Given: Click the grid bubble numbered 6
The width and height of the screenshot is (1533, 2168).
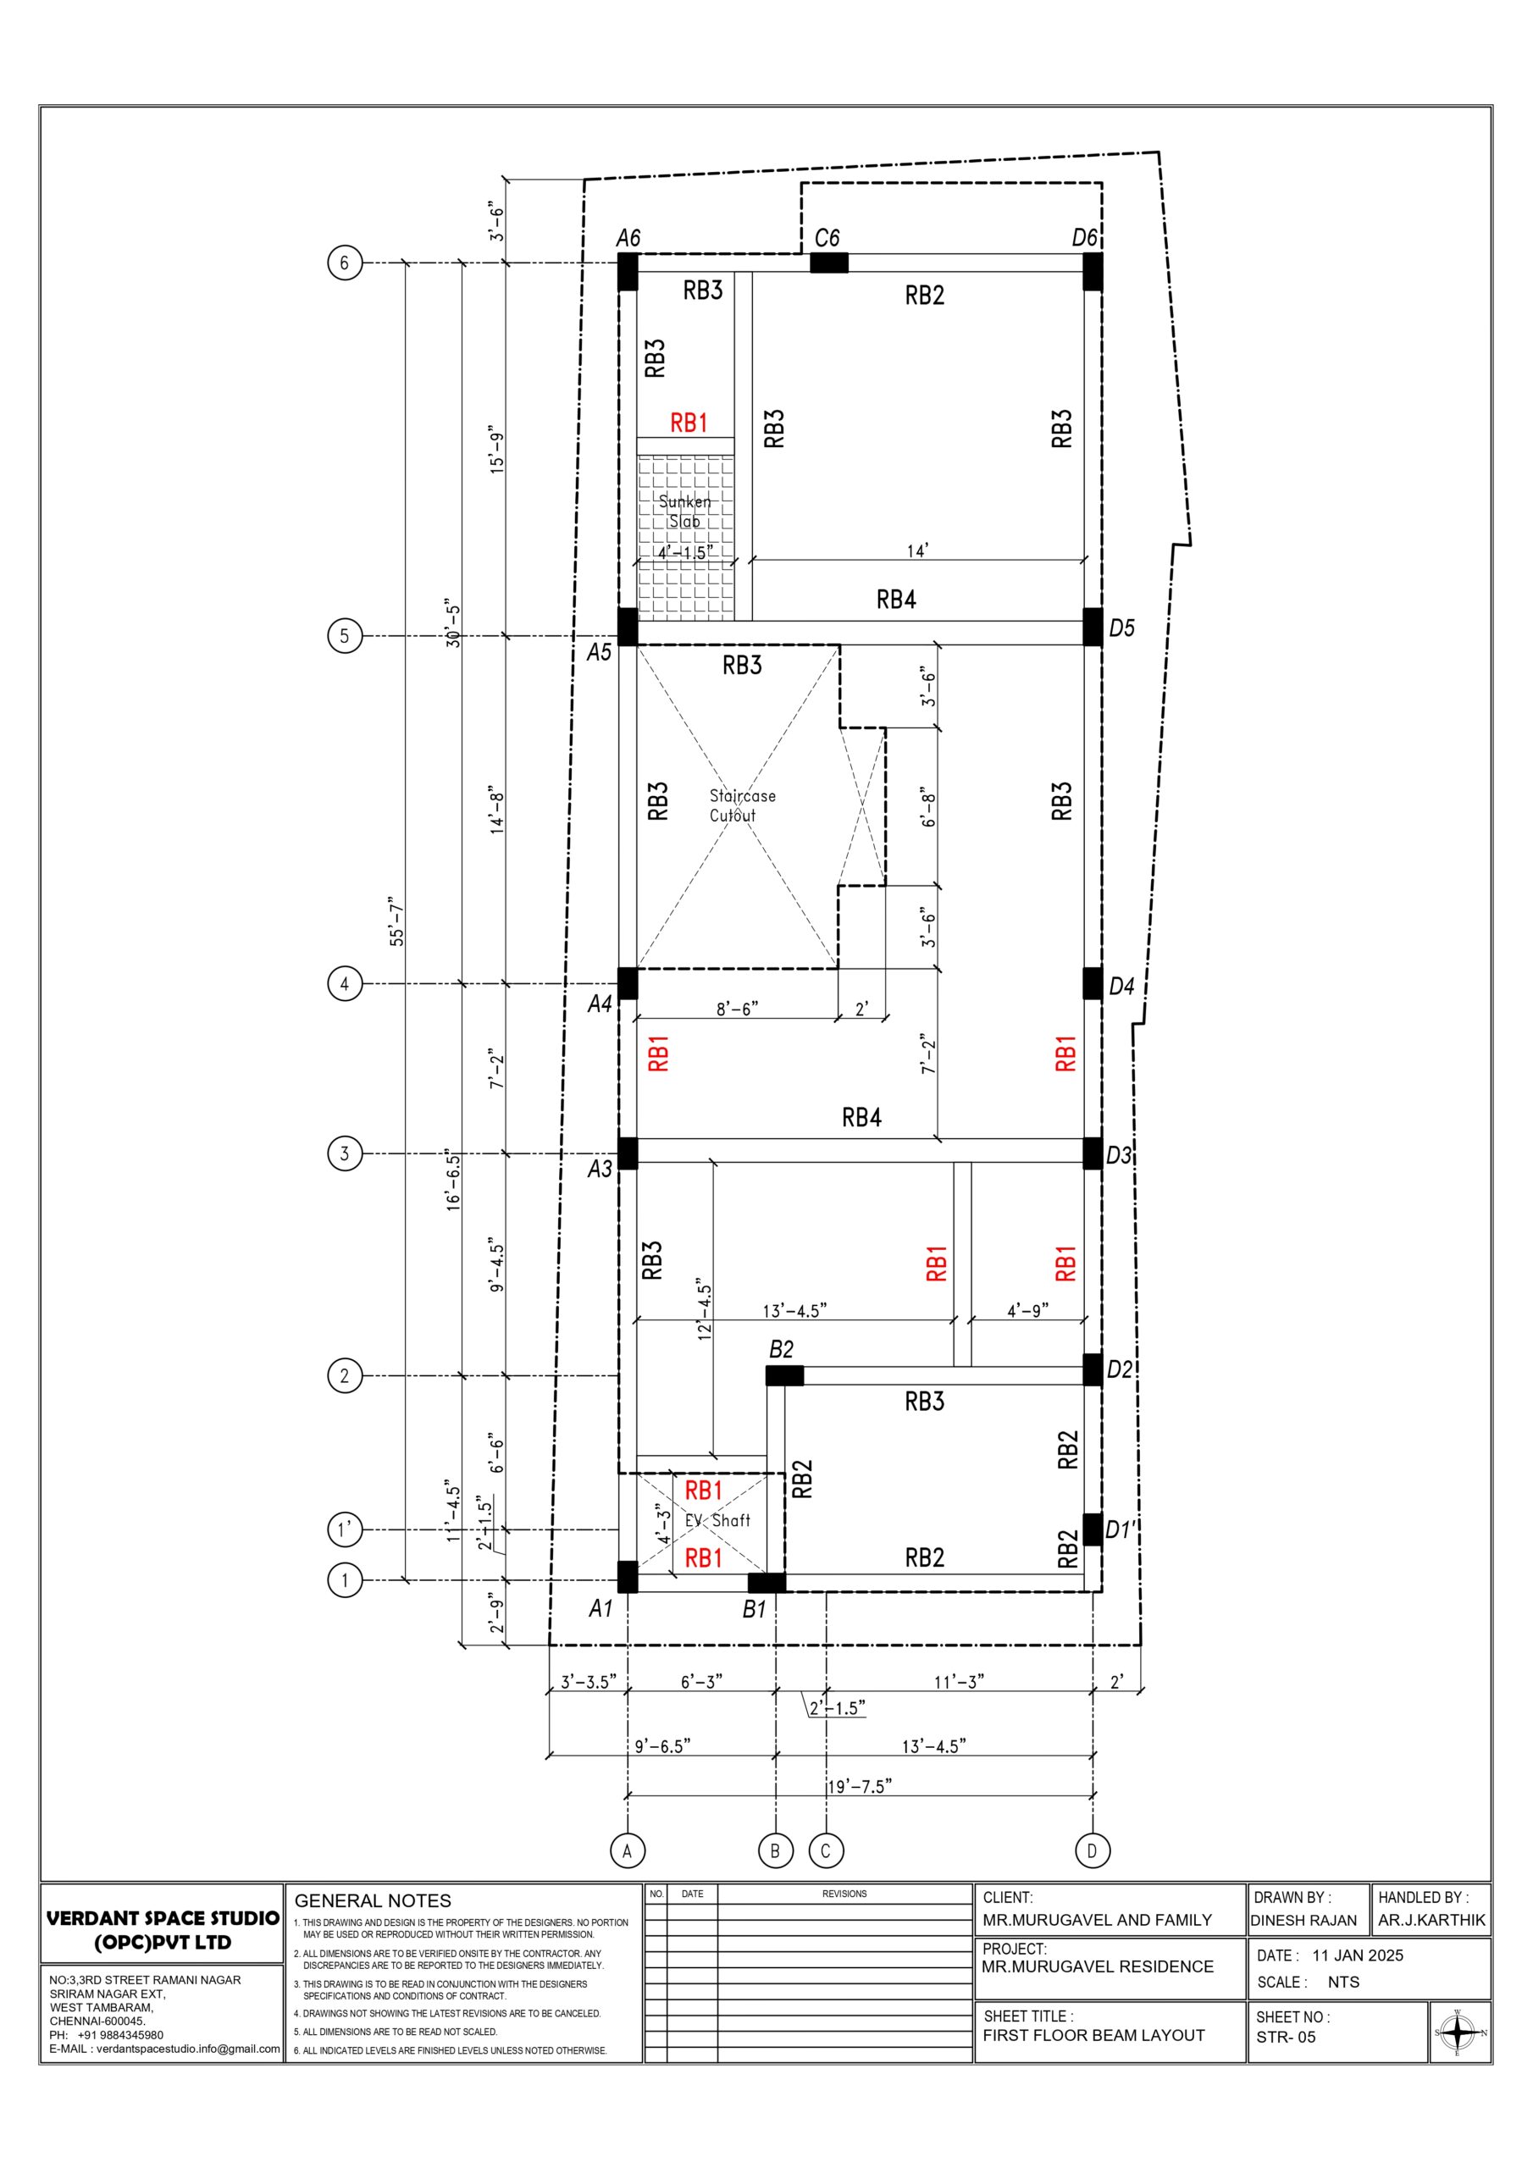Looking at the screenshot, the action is pyautogui.click(x=344, y=263).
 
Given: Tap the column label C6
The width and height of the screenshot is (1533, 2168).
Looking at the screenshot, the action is pyautogui.click(x=827, y=238).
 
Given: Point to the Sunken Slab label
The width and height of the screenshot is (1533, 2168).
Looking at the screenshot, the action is pyautogui.click(x=685, y=511).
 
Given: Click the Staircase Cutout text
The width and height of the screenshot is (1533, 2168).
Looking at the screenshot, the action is pyautogui.click(x=743, y=805).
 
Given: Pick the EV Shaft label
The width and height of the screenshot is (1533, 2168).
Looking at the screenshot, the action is pyautogui.click(x=718, y=1519).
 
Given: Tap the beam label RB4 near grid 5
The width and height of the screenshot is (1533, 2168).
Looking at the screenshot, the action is pyautogui.click(x=895, y=599).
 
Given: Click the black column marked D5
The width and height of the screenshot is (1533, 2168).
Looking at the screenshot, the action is pyautogui.click(x=1092, y=627).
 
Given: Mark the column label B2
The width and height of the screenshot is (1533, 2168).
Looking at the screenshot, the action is pyautogui.click(x=781, y=1349).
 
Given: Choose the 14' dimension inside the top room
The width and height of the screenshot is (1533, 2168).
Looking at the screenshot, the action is pyautogui.click(x=917, y=550).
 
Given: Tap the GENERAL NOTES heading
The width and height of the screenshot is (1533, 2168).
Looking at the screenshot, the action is pyautogui.click(x=374, y=1900).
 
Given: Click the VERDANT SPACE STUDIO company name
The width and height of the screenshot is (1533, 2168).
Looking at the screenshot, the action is pyautogui.click(x=163, y=1918).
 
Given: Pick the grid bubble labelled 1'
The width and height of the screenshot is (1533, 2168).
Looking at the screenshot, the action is pyautogui.click(x=344, y=1529).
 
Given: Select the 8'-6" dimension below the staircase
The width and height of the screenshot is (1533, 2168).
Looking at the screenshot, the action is pyautogui.click(x=737, y=1009).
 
